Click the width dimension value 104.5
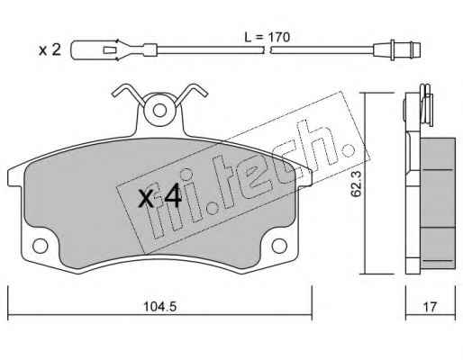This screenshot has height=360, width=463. [x=159, y=307]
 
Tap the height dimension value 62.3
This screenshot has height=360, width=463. [x=356, y=184]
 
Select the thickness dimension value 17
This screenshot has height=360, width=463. [x=430, y=307]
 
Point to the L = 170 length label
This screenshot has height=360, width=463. [x=267, y=38]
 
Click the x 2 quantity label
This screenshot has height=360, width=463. [x=50, y=49]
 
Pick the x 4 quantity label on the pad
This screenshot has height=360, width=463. [x=159, y=196]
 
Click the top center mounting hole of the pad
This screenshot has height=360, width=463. [x=159, y=111]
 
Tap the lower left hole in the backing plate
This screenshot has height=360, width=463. [x=40, y=246]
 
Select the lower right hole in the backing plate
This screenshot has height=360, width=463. [x=279, y=246]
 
